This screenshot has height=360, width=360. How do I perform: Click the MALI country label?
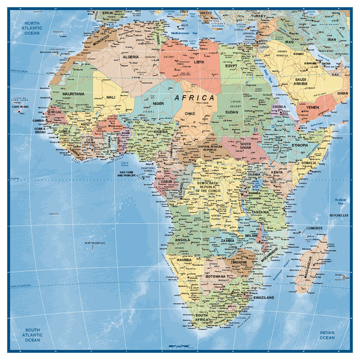click(111, 97)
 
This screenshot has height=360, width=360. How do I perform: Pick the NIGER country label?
click(158, 103)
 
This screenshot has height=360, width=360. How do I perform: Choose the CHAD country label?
click(190, 113)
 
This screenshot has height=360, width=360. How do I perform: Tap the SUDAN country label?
click(232, 112)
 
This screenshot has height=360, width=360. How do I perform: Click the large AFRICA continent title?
click(194, 97)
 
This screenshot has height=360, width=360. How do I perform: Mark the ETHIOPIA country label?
click(300, 145)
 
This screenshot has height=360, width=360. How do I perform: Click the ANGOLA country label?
click(182, 240)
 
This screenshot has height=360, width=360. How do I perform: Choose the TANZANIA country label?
click(260, 212)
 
